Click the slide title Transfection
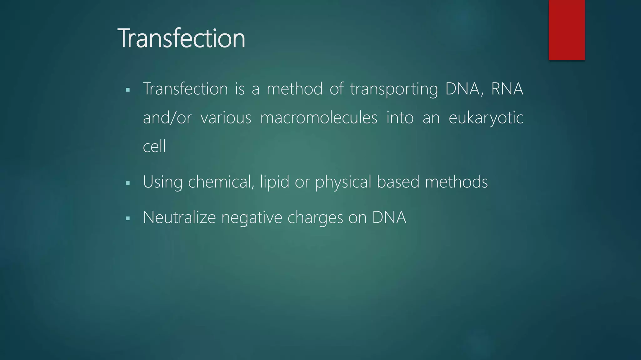pos(181,38)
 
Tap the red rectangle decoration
pos(567,30)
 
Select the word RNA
pos(507,89)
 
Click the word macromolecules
pos(319,118)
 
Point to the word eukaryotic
pos(486,118)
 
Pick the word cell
pos(154,146)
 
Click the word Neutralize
pos(179,217)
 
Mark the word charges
pos(315,217)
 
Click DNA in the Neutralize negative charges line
pos(389,217)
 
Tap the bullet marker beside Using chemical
pos(127,183)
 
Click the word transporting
pos(394,89)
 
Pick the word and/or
pos(167,118)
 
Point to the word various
pos(226,118)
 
